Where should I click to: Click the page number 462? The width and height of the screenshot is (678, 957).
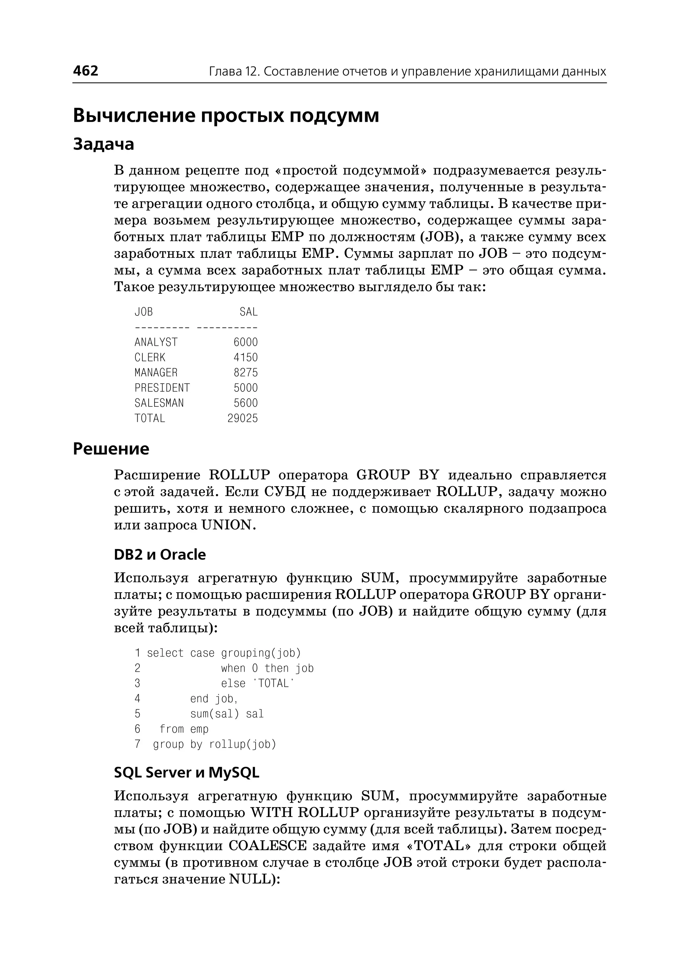[x=86, y=71]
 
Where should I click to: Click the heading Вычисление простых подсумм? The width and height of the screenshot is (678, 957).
[x=226, y=115]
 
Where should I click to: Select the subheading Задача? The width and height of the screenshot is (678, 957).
[x=104, y=144]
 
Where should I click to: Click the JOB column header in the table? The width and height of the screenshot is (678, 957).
[x=144, y=312]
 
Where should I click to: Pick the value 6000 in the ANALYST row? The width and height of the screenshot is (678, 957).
[x=246, y=342]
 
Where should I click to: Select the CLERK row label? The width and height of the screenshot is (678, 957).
[x=150, y=357]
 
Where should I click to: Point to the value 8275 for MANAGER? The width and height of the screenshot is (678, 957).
[x=246, y=373]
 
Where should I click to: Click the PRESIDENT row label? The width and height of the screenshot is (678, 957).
[x=162, y=388]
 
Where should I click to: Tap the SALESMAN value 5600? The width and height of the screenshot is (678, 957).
[x=246, y=403]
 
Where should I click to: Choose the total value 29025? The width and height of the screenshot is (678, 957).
[x=243, y=418]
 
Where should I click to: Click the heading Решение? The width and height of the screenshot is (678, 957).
[x=111, y=449]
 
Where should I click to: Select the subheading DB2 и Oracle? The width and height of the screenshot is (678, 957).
[x=160, y=555]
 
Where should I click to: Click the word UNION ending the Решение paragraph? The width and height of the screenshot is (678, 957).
[x=227, y=525]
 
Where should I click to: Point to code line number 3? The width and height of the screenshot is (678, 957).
[x=137, y=684]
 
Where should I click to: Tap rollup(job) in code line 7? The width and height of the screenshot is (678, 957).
[x=243, y=745]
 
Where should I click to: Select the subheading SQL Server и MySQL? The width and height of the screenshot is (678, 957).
[x=187, y=773]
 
